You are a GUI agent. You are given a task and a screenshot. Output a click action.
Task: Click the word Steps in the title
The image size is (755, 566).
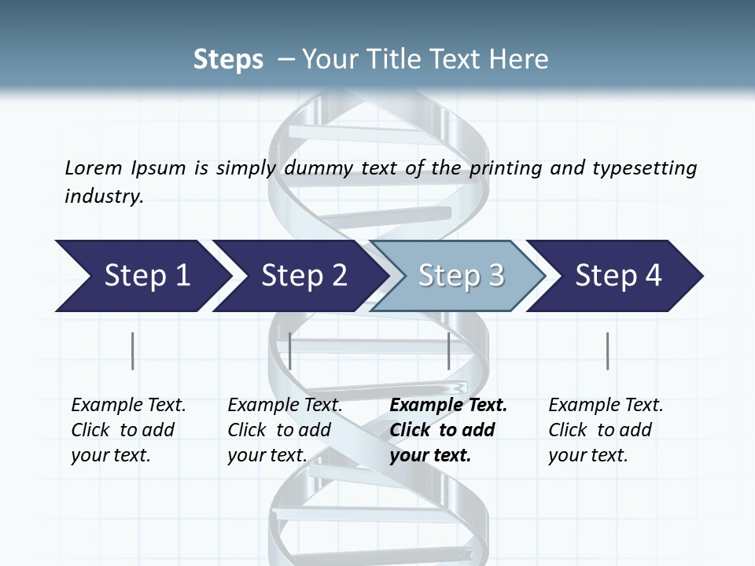coord(228,60)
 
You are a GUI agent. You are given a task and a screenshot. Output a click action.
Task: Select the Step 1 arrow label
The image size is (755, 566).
coord(147,276)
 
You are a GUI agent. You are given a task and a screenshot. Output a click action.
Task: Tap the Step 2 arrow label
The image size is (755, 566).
coord(304,276)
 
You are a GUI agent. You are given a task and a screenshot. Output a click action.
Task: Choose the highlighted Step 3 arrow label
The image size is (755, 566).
coord(461,276)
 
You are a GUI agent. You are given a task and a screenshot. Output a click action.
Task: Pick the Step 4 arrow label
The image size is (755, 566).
coord(618,276)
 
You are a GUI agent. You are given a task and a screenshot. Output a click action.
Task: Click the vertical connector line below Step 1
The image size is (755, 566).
coord(132,351)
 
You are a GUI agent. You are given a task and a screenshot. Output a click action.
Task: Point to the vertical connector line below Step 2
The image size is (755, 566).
coord(290,351)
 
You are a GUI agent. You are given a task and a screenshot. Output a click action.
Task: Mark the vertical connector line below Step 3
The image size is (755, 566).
coord(449,351)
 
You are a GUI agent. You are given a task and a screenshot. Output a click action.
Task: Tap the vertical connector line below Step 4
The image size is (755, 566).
coord(608,351)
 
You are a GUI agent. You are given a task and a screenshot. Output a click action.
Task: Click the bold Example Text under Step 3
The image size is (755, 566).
coord(448,406)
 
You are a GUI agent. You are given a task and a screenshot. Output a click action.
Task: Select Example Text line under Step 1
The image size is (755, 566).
coord(128,406)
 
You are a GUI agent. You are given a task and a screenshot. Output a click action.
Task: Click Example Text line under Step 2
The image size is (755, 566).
coord(285,406)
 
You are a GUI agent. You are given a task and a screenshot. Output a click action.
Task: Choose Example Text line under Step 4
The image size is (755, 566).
coord(606,406)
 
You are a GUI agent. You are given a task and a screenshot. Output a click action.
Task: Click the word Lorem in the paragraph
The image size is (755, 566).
coord(93,168)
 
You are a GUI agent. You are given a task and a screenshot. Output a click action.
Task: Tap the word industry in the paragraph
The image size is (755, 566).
coord(103,197)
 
